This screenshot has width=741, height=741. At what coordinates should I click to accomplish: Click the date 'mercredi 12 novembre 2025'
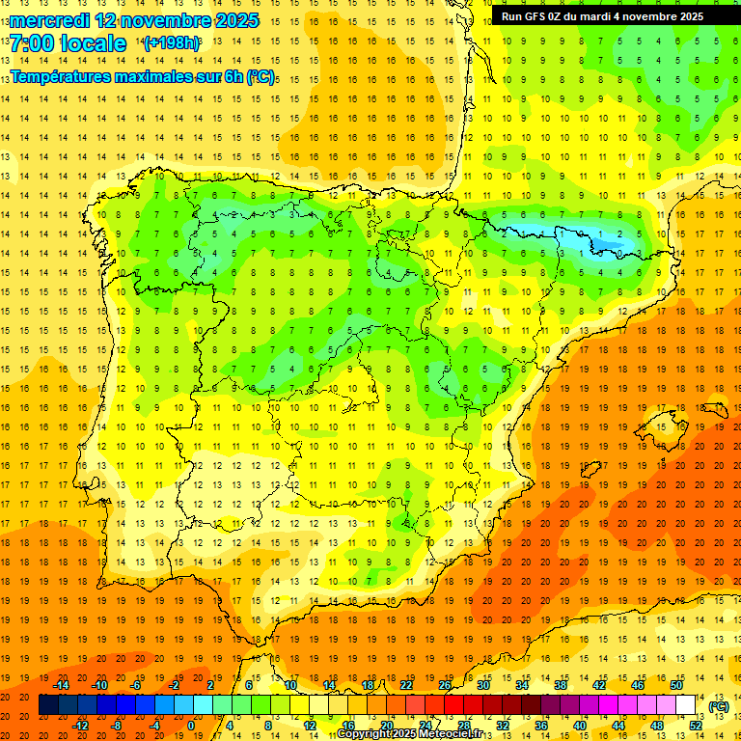(135, 20)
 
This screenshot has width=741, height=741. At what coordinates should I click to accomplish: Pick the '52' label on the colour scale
(696, 726)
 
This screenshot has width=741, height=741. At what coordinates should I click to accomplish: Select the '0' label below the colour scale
(191, 726)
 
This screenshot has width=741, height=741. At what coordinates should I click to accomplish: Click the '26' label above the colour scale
(445, 685)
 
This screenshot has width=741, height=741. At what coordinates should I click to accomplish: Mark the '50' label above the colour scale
(676, 685)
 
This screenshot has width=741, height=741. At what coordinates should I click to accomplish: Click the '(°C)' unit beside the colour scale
(719, 706)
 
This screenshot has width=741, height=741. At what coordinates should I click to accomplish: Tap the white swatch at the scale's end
(686, 705)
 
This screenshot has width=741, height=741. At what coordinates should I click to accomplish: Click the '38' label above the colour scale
(561, 685)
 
